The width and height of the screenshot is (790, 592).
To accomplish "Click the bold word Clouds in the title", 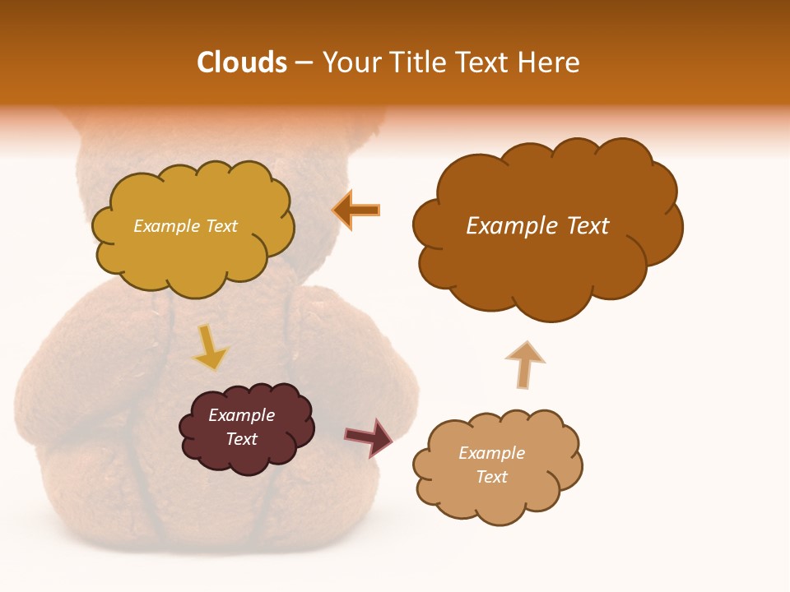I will click(x=242, y=62).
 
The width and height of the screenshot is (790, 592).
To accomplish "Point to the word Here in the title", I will click(x=550, y=62).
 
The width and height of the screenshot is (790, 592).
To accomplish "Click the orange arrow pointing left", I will click(x=356, y=210).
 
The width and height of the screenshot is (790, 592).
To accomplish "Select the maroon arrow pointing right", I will click(x=369, y=437).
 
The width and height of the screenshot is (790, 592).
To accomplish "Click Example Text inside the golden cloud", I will click(x=185, y=225).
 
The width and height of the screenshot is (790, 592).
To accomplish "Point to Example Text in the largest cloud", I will click(x=537, y=225).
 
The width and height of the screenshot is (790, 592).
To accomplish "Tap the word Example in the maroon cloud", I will click(x=241, y=415).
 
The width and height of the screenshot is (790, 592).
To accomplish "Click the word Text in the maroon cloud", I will click(x=241, y=439).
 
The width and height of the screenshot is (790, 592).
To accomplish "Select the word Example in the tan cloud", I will click(x=491, y=452).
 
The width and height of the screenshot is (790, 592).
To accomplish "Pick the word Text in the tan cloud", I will click(x=491, y=477).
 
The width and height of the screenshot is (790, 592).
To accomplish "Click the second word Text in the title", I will click(x=484, y=62).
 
